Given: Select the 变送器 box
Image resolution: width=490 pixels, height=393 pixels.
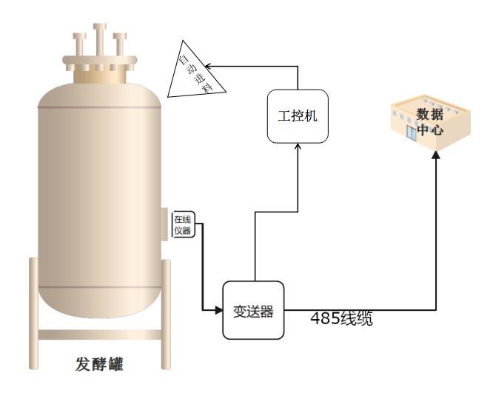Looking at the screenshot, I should point(254,311).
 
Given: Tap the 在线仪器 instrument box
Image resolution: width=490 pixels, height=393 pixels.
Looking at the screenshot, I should point(183,224).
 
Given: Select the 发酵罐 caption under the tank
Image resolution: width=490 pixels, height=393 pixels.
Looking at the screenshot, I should point(99,364).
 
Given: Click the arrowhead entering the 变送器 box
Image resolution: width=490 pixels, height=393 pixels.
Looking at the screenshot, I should point(219,310).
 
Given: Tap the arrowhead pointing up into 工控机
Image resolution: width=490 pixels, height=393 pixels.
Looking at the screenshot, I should point(298,147).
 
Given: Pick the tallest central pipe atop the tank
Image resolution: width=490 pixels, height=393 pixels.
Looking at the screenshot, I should point(100,41).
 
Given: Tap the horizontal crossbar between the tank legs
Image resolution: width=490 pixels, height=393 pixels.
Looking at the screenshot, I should point(99,335).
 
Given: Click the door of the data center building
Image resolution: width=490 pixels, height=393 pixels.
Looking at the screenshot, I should point(412,132).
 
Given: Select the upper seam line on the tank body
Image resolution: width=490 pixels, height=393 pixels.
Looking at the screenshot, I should point(100,109).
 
